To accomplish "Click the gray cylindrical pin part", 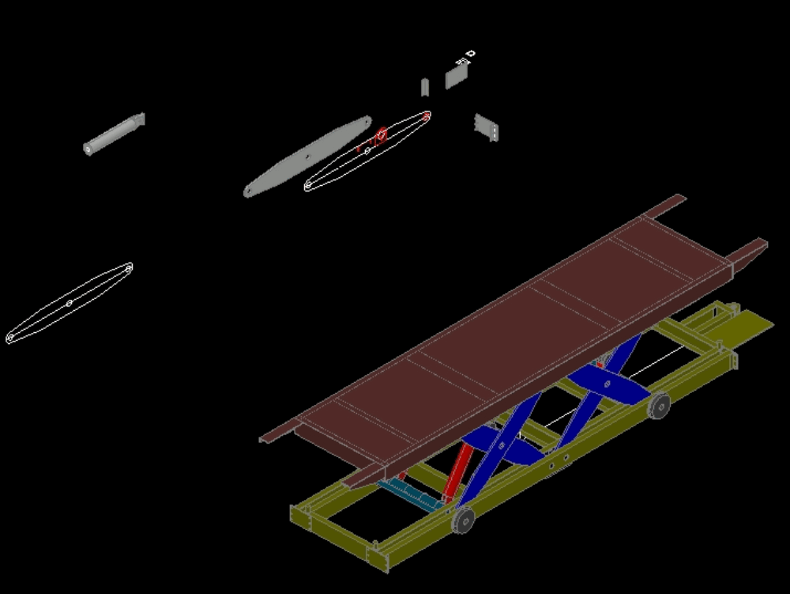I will coord(114,134).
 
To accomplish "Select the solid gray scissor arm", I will coord(308,157).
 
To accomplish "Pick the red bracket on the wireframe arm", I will coord(381,135).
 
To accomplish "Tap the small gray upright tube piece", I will coord(424,86).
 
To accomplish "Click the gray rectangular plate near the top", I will coord(457,76).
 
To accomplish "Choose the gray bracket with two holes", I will coord(487,127).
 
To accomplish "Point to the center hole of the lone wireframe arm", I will coord(70,303).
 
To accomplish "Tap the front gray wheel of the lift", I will coord(463,520).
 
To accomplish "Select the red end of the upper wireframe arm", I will coord(427,116).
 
